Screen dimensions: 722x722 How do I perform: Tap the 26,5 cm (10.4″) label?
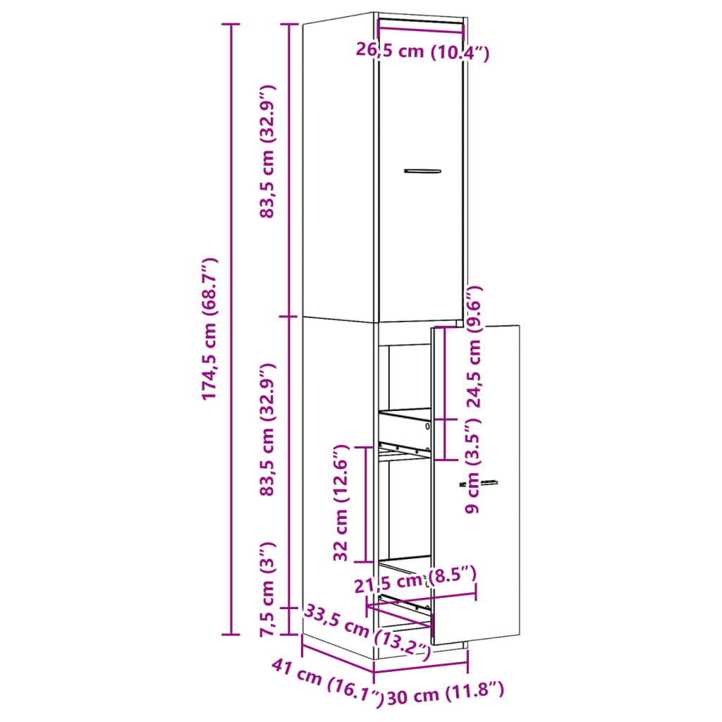[x=422, y=51]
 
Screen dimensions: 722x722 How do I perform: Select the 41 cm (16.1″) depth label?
[x=328, y=681]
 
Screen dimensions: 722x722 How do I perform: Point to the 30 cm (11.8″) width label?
[x=446, y=695]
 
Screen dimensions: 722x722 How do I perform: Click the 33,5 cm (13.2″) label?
[x=367, y=632]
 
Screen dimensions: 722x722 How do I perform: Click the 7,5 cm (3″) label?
[x=267, y=589]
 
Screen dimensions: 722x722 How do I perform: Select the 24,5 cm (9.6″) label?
[x=475, y=347]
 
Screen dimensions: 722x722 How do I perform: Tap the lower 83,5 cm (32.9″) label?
[x=267, y=430]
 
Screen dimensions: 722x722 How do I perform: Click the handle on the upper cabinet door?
[x=422, y=171]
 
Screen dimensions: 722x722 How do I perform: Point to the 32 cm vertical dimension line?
[x=365, y=504]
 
